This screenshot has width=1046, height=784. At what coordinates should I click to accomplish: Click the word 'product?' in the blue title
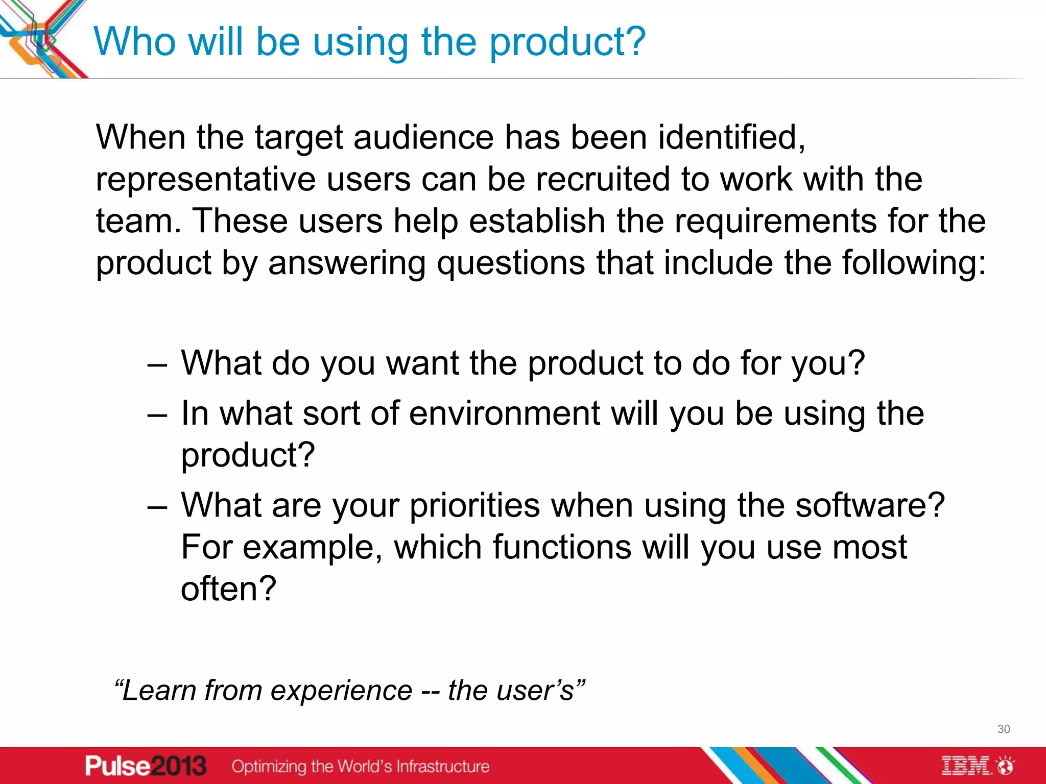[567, 43]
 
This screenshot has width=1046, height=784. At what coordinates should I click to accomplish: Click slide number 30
[1003, 729]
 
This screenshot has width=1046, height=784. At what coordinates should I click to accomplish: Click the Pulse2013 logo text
[146, 766]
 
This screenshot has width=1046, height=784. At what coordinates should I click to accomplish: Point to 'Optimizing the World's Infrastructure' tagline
[360, 766]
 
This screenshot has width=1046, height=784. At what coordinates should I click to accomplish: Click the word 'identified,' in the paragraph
[731, 138]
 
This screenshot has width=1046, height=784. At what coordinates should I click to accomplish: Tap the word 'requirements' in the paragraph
[775, 222]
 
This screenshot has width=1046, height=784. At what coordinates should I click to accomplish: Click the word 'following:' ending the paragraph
[914, 263]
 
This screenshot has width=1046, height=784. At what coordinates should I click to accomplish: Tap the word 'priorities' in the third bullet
[474, 506]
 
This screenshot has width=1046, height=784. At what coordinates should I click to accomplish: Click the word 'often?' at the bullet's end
[228, 589]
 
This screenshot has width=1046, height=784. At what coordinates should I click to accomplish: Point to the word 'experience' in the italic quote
[341, 691]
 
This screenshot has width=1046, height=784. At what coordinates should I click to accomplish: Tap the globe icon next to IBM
[1006, 766]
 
